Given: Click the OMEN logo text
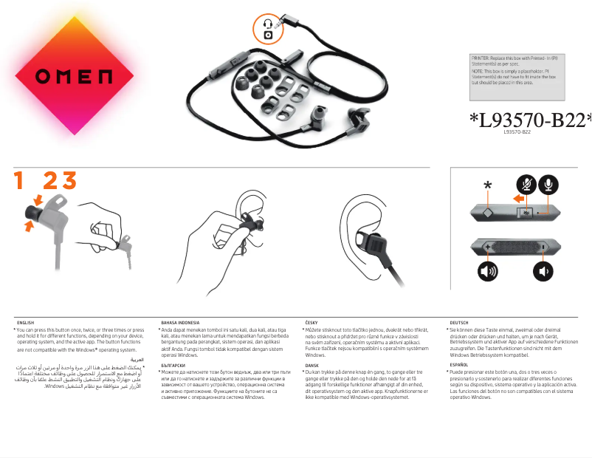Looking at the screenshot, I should coord(74,76).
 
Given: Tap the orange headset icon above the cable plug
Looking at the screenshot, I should coord(267,29).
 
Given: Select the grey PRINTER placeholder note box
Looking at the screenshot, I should coord(517,76).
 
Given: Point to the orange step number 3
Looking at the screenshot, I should coord(69,180).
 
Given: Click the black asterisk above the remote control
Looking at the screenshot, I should coord(487,185).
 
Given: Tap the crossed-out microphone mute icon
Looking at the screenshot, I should coord(526,185).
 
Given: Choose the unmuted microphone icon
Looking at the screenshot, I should coord(548,185).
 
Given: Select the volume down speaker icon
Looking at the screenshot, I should coord(544,271).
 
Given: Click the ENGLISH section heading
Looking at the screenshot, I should coord(25,323).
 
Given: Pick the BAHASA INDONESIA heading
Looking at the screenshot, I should coord(180,323).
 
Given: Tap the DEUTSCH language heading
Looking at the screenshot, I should coord(458,323).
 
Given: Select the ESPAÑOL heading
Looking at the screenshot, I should coord(458,365).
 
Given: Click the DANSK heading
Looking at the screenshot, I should coord(312,365).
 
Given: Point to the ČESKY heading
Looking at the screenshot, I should coord(312,323).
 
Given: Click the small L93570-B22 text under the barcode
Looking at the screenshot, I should coord(517,131).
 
